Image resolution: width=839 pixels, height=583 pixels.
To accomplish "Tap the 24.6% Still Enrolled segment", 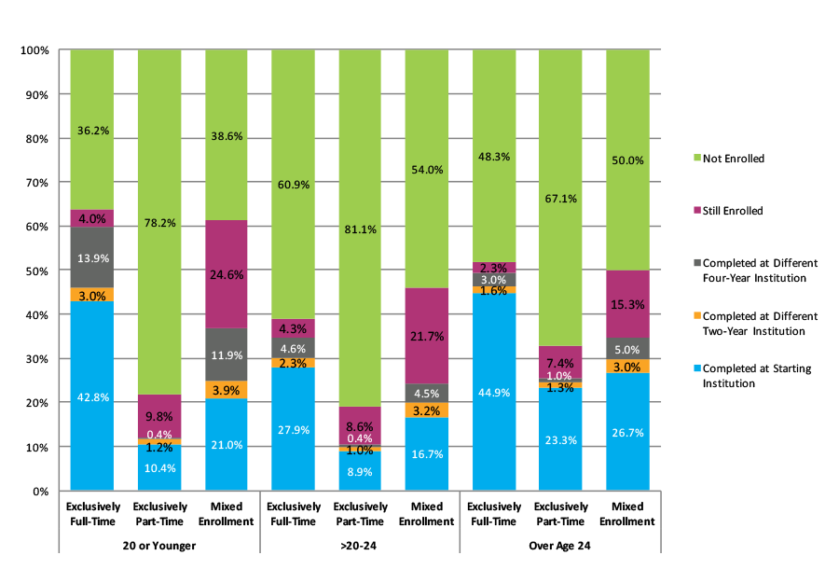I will (x=226, y=274).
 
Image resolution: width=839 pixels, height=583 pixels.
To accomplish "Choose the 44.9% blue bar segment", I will (x=494, y=392).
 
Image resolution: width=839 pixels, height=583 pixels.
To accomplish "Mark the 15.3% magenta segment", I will (x=627, y=303).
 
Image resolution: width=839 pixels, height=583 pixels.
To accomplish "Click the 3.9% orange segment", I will (x=226, y=390).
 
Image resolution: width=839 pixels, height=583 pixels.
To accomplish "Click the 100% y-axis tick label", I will (x=34, y=50).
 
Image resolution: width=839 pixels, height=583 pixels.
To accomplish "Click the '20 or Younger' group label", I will (x=159, y=546).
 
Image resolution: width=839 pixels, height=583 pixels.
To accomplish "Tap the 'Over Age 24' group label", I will (x=560, y=546).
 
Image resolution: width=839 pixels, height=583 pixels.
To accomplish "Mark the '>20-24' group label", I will (x=360, y=546).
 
